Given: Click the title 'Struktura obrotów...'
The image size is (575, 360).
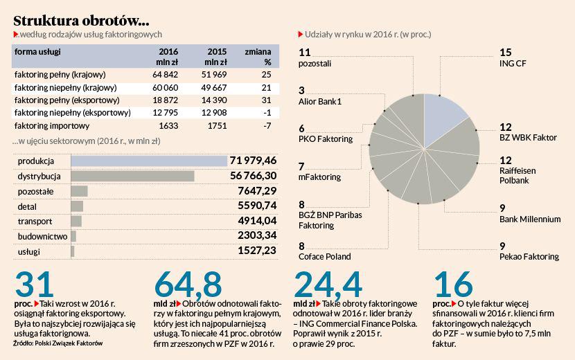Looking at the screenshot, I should [x=80, y=19].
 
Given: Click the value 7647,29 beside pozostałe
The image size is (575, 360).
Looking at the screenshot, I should [x=257, y=191].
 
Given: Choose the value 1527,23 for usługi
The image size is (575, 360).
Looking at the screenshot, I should [x=257, y=251].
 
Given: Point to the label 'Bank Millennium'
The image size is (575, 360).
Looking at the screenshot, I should [x=530, y=219].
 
